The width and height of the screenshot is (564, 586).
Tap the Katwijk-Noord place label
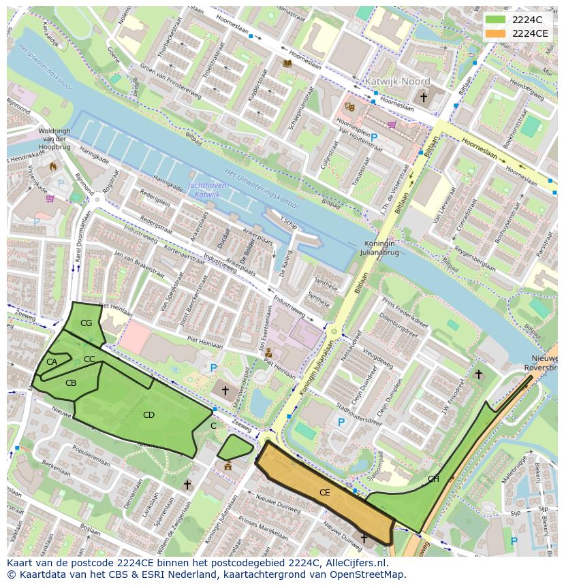click(398, 81)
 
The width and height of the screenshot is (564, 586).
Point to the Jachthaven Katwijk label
click(207, 191)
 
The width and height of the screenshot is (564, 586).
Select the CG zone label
click(86, 323)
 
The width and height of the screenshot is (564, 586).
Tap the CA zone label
click(52, 362)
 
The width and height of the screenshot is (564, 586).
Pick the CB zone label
click(71, 383)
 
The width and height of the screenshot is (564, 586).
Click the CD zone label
click(148, 414)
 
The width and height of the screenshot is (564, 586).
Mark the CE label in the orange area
click(324, 492)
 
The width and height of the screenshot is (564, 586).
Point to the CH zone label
click(433, 479)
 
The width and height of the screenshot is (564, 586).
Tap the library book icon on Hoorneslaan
click(287, 63)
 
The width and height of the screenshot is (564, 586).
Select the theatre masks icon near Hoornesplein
click(349, 107)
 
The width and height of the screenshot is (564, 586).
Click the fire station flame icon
click(52, 165)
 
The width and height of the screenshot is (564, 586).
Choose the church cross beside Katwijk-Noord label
click(424, 98)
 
